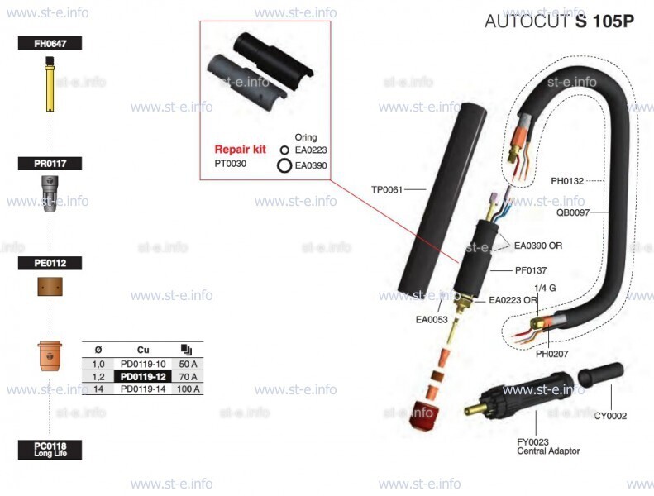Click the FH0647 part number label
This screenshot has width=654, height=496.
[x=50, y=43]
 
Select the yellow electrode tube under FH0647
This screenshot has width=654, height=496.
[x=50, y=84]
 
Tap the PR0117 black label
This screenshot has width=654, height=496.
[x=50, y=164]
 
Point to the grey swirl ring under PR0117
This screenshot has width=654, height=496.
[x=50, y=193]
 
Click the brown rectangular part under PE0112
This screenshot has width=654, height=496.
[x=50, y=287]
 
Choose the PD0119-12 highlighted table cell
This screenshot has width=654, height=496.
[x=143, y=377]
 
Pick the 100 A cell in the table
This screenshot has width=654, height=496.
[x=189, y=389]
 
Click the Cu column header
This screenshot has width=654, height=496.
[x=143, y=350]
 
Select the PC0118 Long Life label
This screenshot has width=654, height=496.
[x=50, y=450]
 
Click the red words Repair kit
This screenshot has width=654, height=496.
[x=241, y=150]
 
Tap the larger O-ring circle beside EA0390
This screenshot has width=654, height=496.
[x=284, y=165]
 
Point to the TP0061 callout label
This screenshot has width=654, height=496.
[x=387, y=190]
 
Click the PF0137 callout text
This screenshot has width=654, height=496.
[x=531, y=270]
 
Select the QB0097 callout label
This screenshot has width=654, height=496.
[x=573, y=212]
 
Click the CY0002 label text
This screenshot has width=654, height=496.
[x=610, y=416]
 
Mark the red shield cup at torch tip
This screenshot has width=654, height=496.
[x=424, y=415]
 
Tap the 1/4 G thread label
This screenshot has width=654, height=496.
[x=545, y=288]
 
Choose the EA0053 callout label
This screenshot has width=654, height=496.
[x=432, y=320]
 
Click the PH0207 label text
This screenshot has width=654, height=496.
[x=551, y=354]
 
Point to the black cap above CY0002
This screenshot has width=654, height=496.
[x=600, y=374]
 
